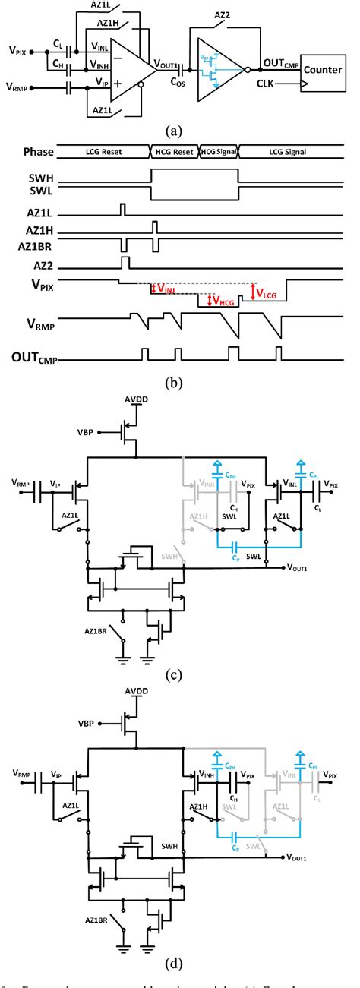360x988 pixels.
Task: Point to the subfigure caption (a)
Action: [176, 131]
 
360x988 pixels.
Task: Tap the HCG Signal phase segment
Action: [219, 151]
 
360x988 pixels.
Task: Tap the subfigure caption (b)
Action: [176, 384]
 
